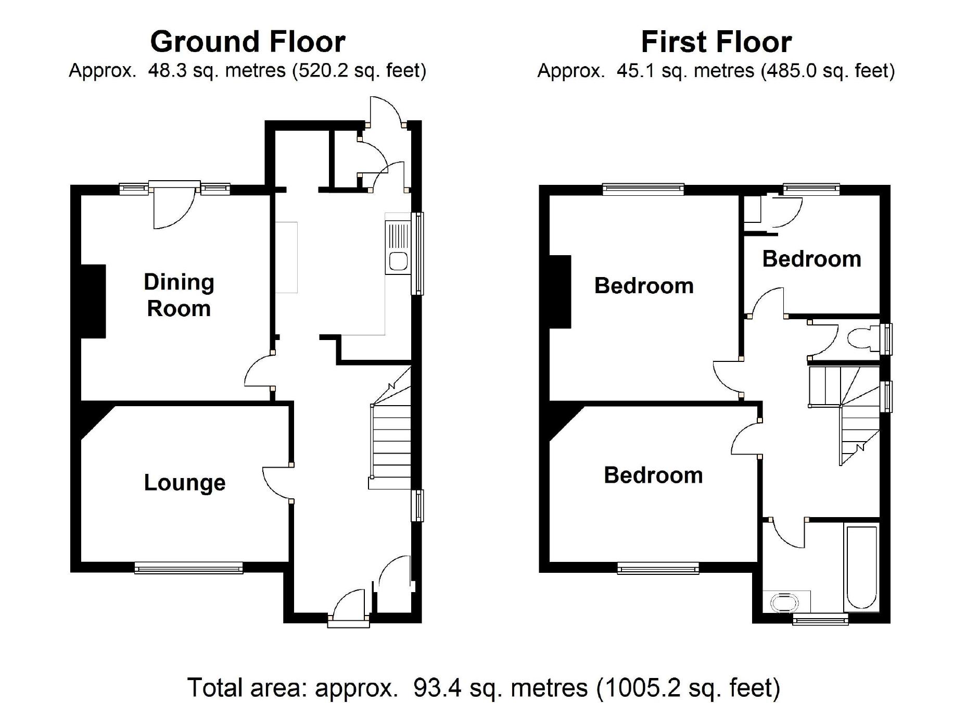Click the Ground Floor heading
(248, 42)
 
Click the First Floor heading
(716, 42)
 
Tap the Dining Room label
(179, 295)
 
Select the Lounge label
(185, 483)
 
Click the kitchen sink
(398, 247)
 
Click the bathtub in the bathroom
(862, 568)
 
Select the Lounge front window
(188, 568)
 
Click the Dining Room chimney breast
(93, 302)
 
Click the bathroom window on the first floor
(820, 619)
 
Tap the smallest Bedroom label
(811, 259)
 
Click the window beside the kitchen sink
(417, 254)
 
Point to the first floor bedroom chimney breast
(560, 292)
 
